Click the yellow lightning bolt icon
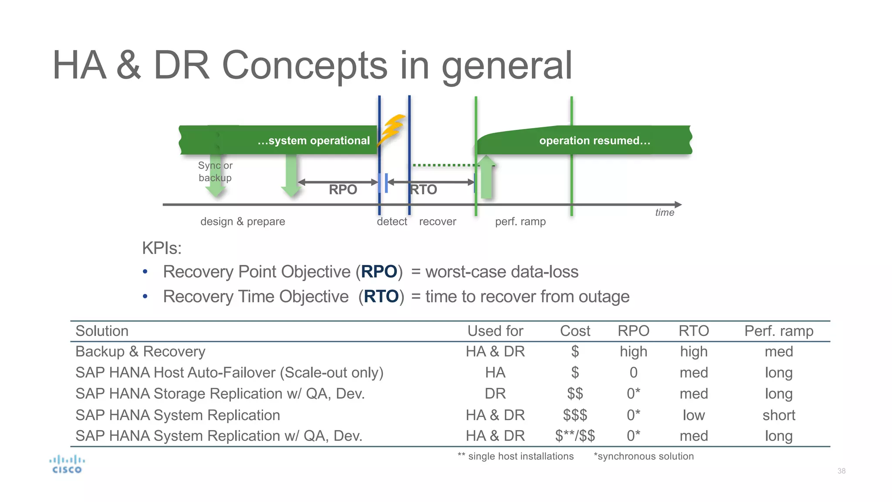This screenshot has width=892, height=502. pos(392,130)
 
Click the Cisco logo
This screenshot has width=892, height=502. pos(67,465)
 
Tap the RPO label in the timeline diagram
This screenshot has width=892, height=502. pos(343,190)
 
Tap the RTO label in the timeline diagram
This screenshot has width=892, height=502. pos(424,190)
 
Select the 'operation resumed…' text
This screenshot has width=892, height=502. pos(595,140)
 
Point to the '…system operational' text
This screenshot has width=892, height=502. pos(314,140)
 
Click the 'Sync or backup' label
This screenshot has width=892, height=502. pos(215,172)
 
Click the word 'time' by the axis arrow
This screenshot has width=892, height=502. pos(665,213)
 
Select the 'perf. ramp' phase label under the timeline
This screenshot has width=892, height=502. pos(520,221)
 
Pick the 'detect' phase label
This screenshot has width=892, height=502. pos(392,221)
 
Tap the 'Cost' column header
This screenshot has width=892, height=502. pos(575,331)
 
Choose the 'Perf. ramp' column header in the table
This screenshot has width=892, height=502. pos(779,331)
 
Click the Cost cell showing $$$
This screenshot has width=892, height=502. pos(575,415)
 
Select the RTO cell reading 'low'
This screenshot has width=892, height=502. pos(693,415)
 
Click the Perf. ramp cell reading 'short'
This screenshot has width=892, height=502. pos(779,415)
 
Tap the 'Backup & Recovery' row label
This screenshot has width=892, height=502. pos(140,352)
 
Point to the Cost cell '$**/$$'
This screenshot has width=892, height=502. pos(575,436)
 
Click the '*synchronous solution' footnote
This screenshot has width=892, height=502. pos(644,456)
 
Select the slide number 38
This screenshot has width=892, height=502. pos(841,471)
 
